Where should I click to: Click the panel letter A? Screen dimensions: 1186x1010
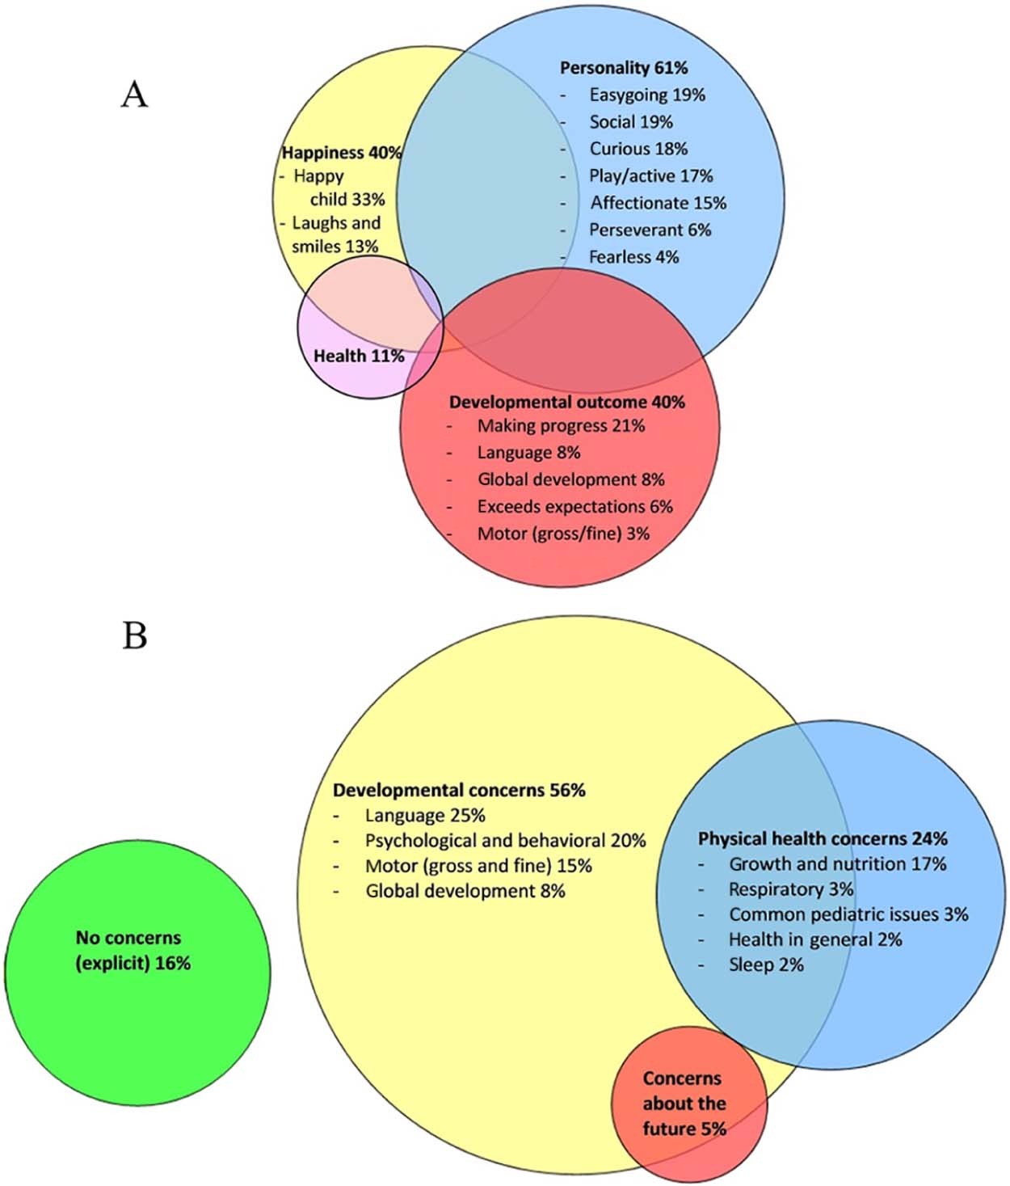click(134, 95)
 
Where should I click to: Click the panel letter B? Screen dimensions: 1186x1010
click(134, 636)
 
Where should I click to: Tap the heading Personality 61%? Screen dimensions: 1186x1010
click(624, 68)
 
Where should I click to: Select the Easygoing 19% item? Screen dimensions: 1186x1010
click(646, 95)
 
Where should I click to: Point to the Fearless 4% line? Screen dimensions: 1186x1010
click(633, 257)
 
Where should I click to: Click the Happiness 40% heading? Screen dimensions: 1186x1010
click(341, 152)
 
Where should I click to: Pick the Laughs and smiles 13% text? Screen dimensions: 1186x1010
click(335, 234)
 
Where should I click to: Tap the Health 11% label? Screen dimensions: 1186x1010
click(359, 356)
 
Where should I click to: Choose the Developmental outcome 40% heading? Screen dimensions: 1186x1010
click(566, 402)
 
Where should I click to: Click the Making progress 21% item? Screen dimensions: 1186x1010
click(561, 425)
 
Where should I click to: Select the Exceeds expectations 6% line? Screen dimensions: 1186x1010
click(574, 507)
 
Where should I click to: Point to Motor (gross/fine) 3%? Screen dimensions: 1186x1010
click(563, 534)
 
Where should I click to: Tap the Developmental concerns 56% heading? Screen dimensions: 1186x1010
click(459, 790)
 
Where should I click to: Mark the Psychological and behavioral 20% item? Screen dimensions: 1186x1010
click(505, 841)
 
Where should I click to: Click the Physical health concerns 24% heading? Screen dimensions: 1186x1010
click(823, 838)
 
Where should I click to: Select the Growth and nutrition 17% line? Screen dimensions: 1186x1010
click(837, 864)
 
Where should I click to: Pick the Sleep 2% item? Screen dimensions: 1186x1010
click(766, 964)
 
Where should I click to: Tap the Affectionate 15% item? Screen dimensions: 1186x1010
click(658, 203)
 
